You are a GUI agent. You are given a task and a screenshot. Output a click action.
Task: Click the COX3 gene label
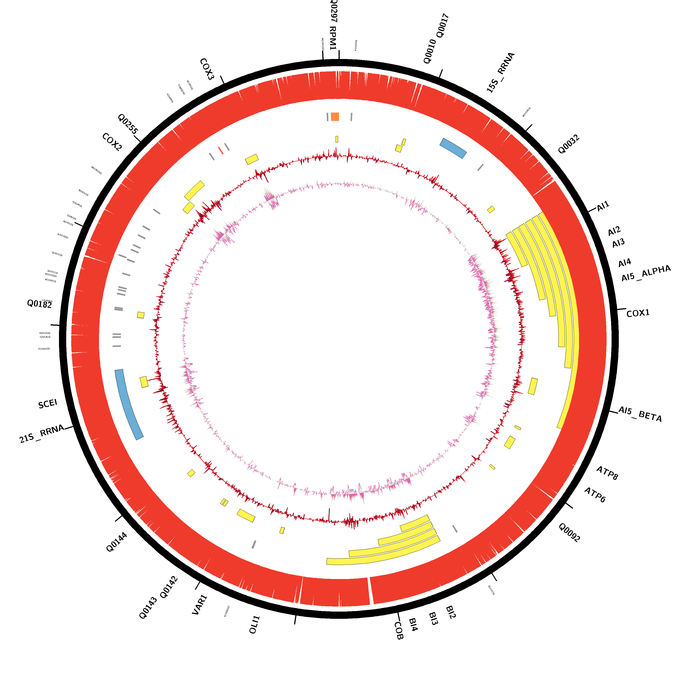(x=207, y=69)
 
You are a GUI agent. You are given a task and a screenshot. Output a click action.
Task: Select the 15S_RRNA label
(x=500, y=73)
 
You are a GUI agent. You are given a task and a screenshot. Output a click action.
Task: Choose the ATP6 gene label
(x=595, y=495)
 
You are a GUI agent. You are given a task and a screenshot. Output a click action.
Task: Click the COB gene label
(x=399, y=631)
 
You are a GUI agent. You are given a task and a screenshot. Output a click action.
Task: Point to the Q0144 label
(x=117, y=542)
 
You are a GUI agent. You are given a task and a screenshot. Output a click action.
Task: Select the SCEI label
(x=48, y=404)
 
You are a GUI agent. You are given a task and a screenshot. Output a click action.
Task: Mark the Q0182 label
(x=39, y=304)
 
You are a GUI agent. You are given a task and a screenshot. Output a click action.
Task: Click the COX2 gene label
(x=112, y=142)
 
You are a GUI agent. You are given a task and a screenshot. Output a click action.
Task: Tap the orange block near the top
(x=335, y=117)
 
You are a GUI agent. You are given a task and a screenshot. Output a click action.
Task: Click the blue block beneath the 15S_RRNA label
(x=453, y=148)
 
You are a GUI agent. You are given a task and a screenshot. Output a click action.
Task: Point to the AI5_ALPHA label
(x=646, y=273)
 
